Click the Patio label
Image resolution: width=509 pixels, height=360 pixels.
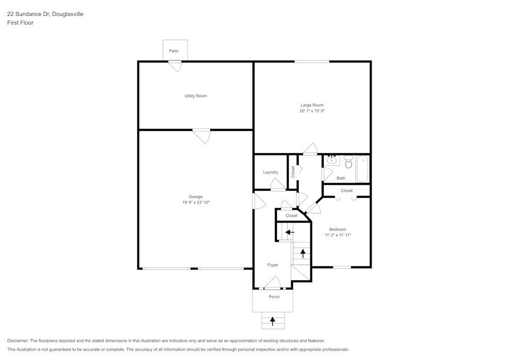[x=174, y=51]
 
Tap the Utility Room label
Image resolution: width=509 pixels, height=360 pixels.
[x=195, y=96]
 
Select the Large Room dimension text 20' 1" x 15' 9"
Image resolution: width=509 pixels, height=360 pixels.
[x=312, y=110]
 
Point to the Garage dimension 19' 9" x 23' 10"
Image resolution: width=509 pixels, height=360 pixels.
[x=196, y=203]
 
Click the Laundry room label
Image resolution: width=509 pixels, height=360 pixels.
[x=270, y=172]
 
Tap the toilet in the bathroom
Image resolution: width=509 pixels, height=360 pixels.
[x=349, y=162]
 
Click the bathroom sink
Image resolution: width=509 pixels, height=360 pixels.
[x=332, y=160]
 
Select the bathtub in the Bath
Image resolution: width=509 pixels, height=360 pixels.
[x=362, y=169]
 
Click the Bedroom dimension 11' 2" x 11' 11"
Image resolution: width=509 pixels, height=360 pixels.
[x=338, y=235]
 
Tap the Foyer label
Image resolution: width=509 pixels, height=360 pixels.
[x=273, y=265]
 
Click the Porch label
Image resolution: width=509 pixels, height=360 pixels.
[x=274, y=297]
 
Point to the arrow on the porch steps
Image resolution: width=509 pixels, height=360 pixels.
[x=273, y=321]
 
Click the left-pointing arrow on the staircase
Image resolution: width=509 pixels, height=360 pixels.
[x=289, y=232]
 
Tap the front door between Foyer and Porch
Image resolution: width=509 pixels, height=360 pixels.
[x=273, y=283]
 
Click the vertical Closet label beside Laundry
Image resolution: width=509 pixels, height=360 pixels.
[x=293, y=172]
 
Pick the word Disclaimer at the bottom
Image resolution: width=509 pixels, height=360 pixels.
[x=18, y=341]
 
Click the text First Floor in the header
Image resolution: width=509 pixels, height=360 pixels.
[x=20, y=23]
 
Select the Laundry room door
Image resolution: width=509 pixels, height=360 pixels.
[x=277, y=185]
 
